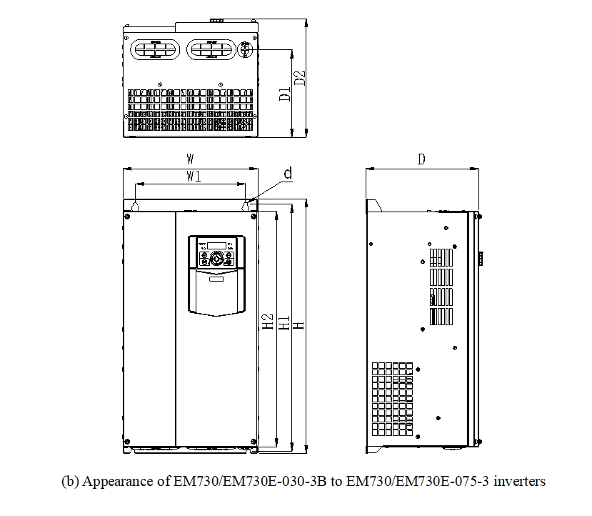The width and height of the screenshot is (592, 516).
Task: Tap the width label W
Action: (x=191, y=159)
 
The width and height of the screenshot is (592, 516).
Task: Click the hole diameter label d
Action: (x=288, y=173)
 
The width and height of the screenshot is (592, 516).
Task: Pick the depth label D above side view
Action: (x=421, y=159)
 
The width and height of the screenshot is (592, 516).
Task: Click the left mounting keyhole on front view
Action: (x=135, y=207)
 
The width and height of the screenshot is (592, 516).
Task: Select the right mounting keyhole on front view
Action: (x=246, y=207)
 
